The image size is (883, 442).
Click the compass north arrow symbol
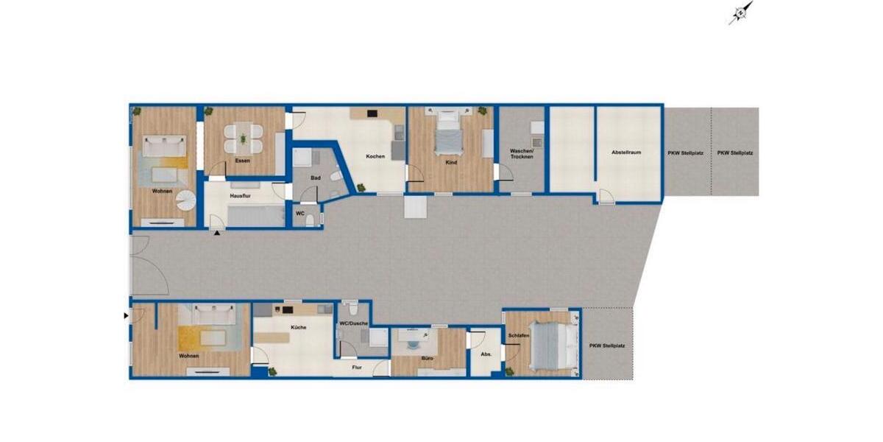coord(741,13)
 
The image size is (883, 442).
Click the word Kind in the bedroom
coord(451,162)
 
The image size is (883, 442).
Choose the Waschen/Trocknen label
coord(522,155)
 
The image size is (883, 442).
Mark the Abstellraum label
coord(626,152)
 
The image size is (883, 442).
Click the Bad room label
coord(314,178)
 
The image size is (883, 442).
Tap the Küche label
coord(298,327)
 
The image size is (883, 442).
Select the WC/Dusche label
coord(353,323)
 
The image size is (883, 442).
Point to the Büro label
coord(428,359)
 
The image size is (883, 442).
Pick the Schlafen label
coord(518,336)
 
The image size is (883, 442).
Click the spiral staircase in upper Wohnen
coord(188,200)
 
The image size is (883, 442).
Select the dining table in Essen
coord(244,136)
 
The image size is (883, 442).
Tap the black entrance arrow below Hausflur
coord(217,234)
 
